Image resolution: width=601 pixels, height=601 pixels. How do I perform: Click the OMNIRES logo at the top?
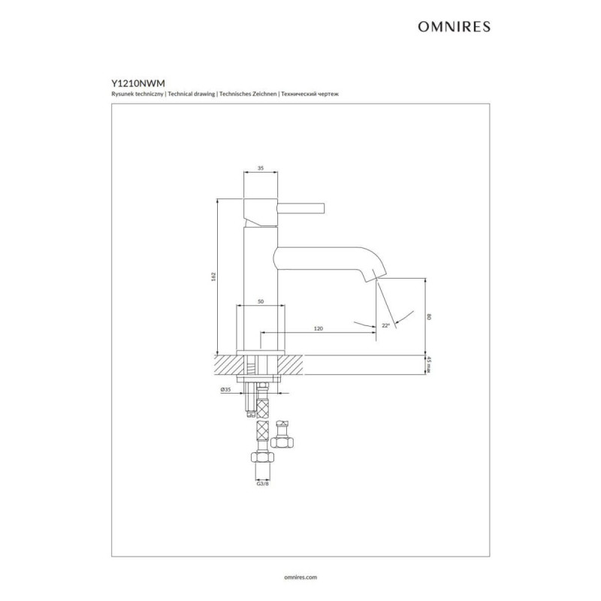[454, 26]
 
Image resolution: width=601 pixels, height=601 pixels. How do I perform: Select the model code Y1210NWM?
[138, 83]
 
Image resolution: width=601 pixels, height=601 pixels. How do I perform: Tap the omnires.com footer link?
[300, 577]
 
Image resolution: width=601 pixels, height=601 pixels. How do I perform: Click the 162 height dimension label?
[213, 276]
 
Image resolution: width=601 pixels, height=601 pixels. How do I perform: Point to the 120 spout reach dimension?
[318, 328]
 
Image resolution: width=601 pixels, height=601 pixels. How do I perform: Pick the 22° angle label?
[385, 325]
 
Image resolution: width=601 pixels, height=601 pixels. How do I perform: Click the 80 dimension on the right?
[429, 316]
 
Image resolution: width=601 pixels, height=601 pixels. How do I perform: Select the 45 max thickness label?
[429, 364]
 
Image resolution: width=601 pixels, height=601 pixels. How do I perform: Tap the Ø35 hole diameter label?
[225, 389]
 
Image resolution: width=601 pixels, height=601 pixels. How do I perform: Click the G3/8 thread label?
[262, 484]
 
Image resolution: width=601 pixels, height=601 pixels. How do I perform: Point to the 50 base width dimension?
[261, 302]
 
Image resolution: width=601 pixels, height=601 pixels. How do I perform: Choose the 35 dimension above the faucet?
[261, 168]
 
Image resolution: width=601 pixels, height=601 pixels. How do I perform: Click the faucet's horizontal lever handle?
[301, 208]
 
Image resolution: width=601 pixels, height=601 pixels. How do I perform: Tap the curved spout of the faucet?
[330, 261]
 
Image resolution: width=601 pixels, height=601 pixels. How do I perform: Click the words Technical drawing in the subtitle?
[192, 94]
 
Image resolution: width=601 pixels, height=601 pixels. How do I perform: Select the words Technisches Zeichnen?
[248, 94]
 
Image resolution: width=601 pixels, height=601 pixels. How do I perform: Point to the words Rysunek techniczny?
[137, 94]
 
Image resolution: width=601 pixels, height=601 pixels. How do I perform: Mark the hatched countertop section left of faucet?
[229, 364]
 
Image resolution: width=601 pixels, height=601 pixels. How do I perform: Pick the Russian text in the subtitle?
[310, 94]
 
